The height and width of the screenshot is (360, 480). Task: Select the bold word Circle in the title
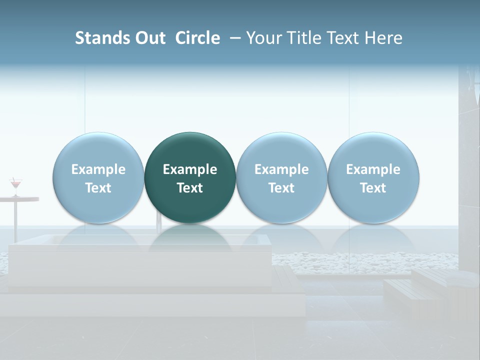point(197,38)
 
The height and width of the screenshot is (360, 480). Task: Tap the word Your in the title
point(263,38)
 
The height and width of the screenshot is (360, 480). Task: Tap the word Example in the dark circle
point(190,169)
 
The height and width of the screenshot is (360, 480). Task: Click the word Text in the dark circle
point(190,188)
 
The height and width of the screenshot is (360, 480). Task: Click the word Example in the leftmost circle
point(98,169)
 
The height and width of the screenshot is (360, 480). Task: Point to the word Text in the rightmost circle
point(373,188)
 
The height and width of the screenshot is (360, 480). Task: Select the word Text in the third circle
point(281,188)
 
